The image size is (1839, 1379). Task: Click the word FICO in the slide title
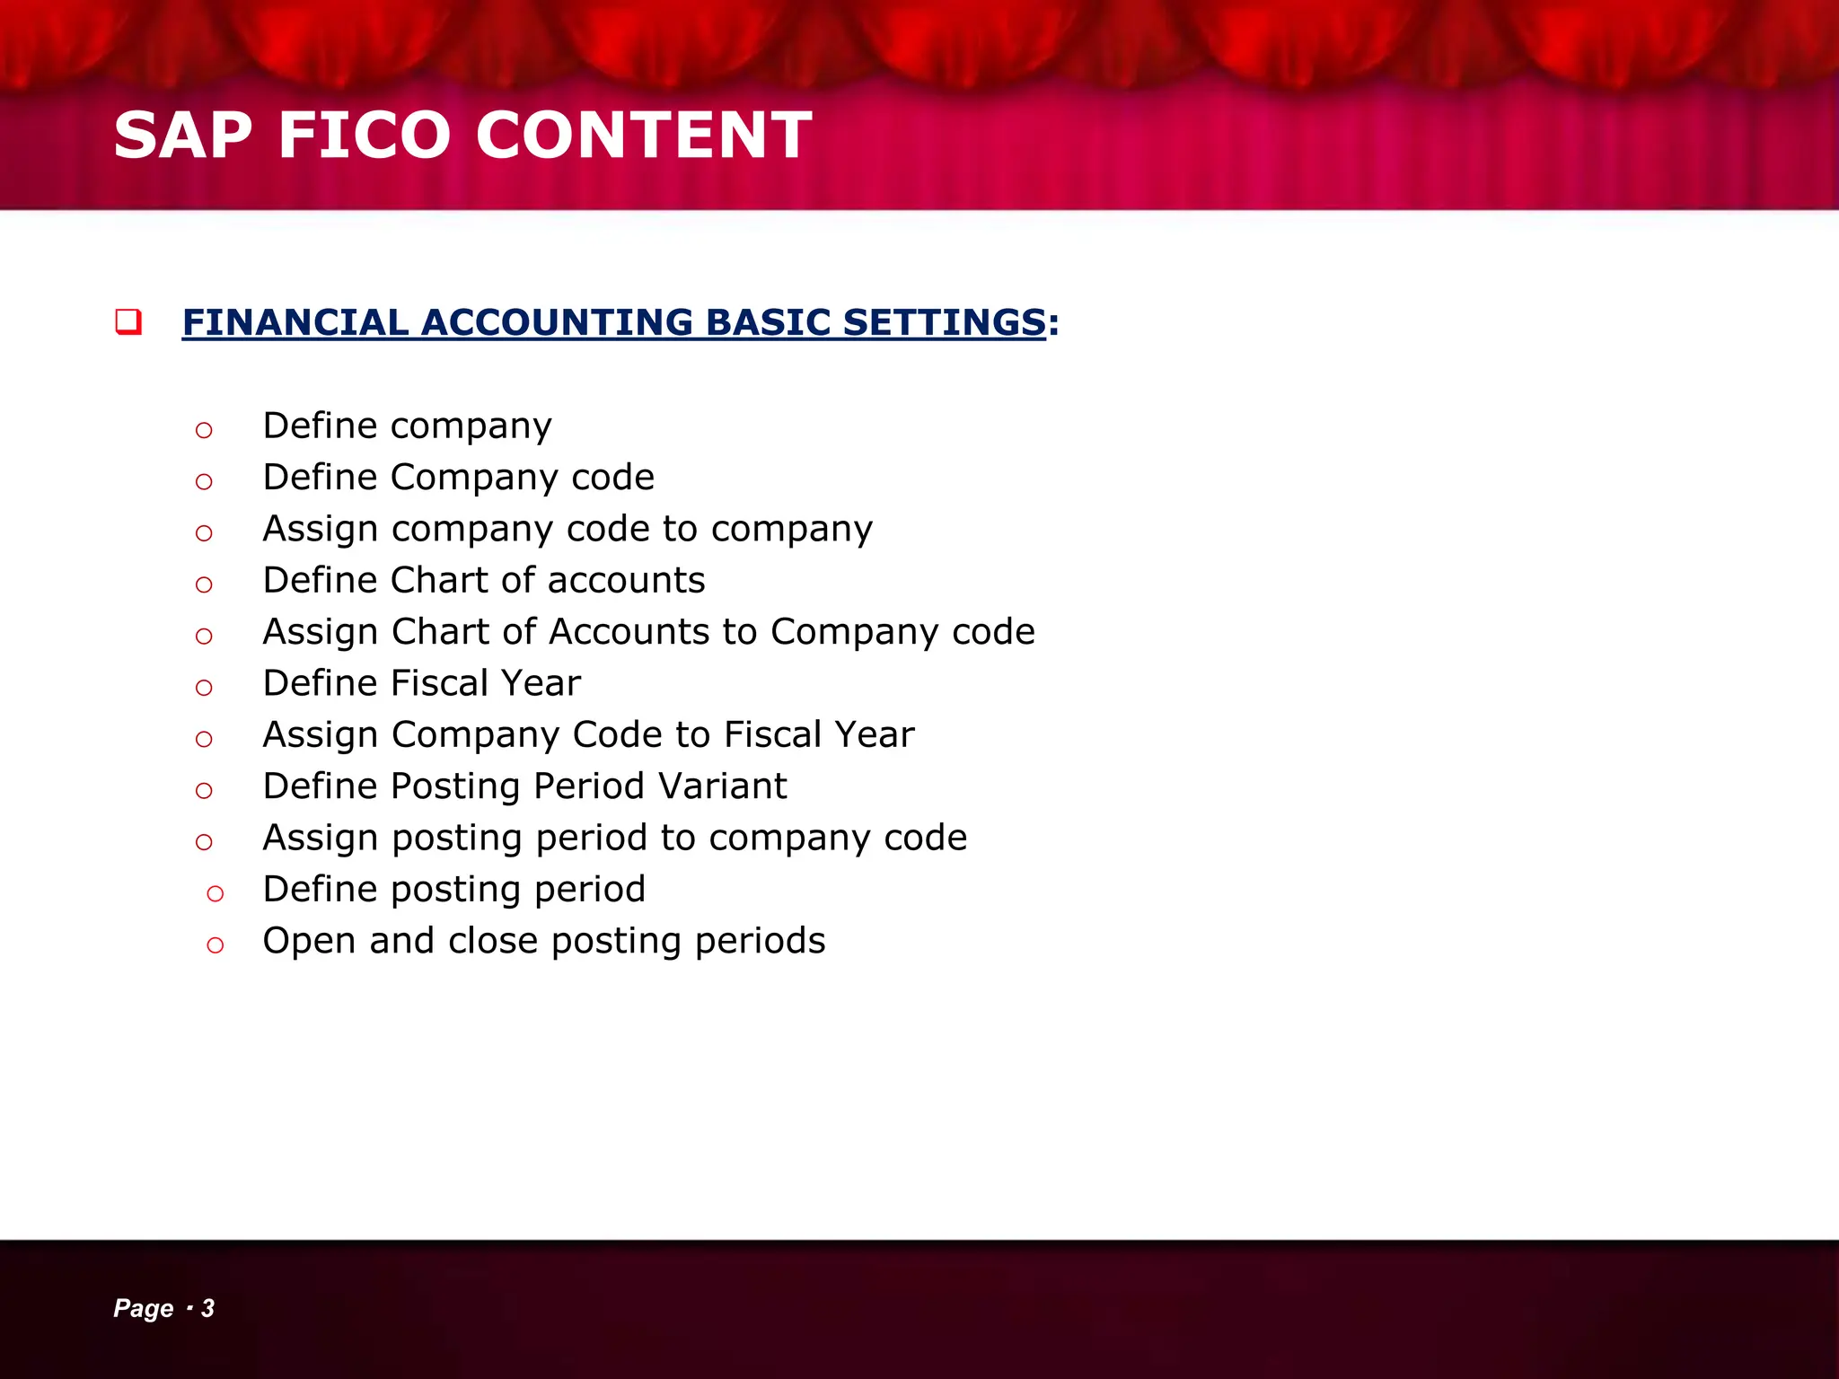coord(364,136)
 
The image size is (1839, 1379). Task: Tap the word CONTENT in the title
coord(643,136)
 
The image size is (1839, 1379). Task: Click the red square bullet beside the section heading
coord(128,321)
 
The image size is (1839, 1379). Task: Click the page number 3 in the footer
coord(207,1308)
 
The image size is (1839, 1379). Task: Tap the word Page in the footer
coord(143,1308)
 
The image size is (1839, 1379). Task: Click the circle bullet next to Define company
coord(204,430)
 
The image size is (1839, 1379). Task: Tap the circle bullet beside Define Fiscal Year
coord(204,688)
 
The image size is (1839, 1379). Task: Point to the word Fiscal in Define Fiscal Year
coord(439,683)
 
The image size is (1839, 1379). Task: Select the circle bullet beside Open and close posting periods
coord(215,944)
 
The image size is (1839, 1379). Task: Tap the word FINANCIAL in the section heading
coord(295,322)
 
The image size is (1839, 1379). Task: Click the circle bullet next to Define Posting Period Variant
coord(204,791)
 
